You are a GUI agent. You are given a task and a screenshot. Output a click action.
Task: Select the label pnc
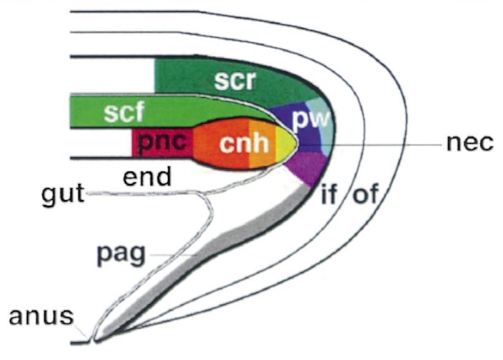click(x=162, y=143)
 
